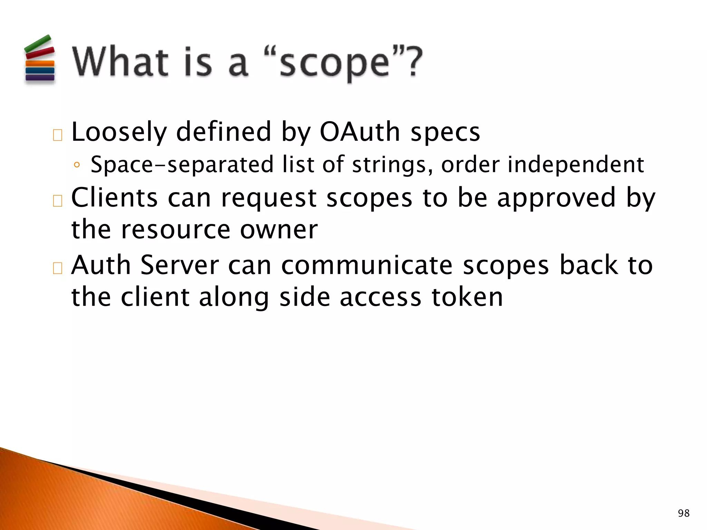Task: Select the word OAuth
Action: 359,132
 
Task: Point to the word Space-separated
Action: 182,165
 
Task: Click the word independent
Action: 575,165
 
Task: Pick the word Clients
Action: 114,198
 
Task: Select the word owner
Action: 279,230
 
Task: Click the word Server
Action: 180,265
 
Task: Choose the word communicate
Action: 367,265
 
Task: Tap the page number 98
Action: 684,513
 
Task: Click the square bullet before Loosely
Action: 58,135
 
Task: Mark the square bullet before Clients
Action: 58,200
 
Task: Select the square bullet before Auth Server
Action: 58,268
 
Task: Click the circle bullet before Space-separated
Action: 77,165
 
